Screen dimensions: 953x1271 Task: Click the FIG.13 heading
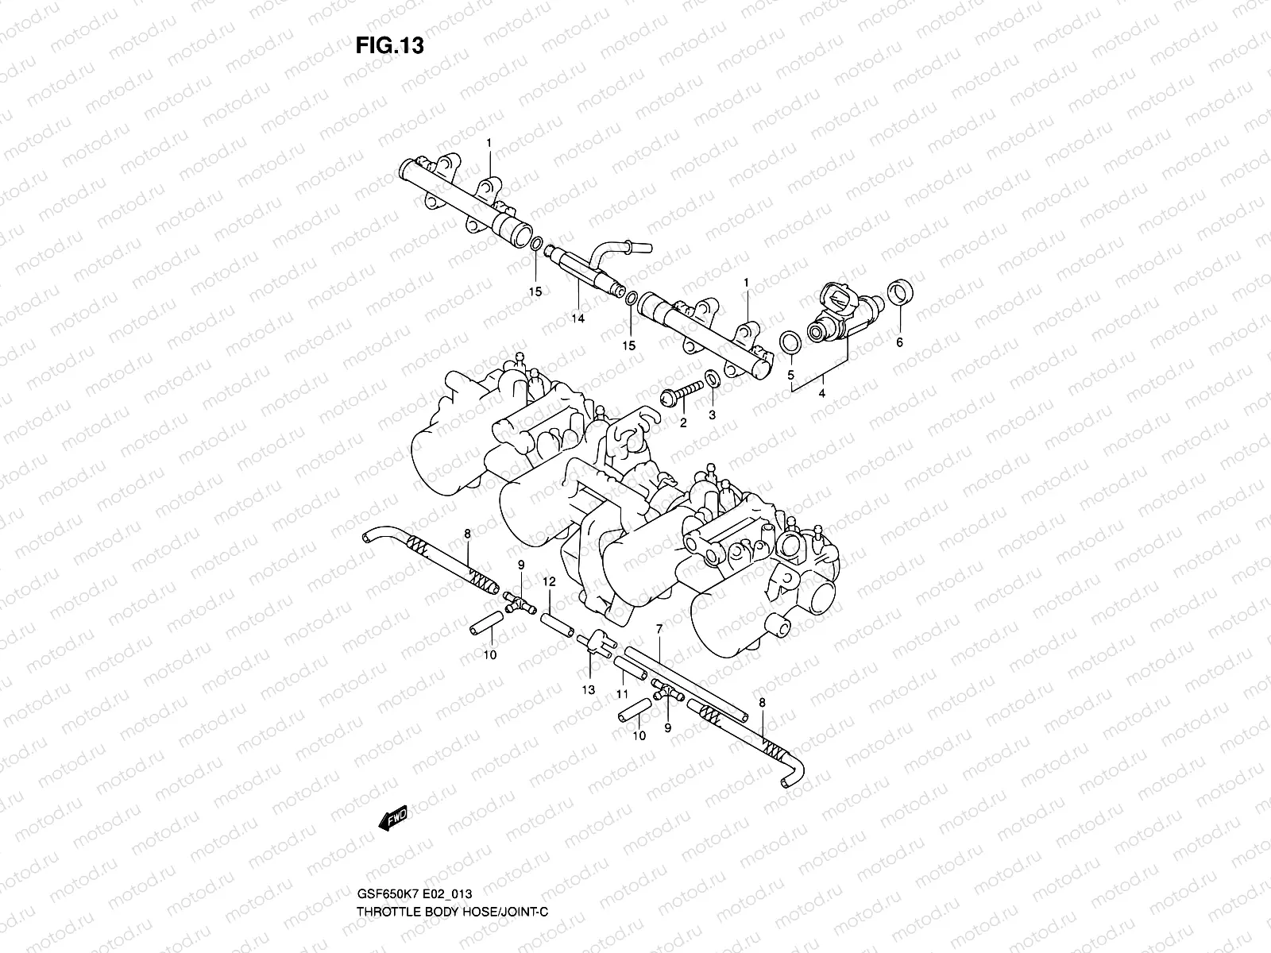point(389,46)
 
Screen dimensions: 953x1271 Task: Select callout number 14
point(578,318)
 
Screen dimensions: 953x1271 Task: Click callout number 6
point(899,343)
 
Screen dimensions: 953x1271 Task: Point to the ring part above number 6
point(899,293)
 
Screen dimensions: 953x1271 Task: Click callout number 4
point(821,392)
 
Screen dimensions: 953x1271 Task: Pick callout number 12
point(549,582)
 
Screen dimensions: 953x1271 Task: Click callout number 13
point(588,690)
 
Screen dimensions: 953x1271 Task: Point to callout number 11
point(623,695)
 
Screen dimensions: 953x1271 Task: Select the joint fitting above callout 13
point(597,642)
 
